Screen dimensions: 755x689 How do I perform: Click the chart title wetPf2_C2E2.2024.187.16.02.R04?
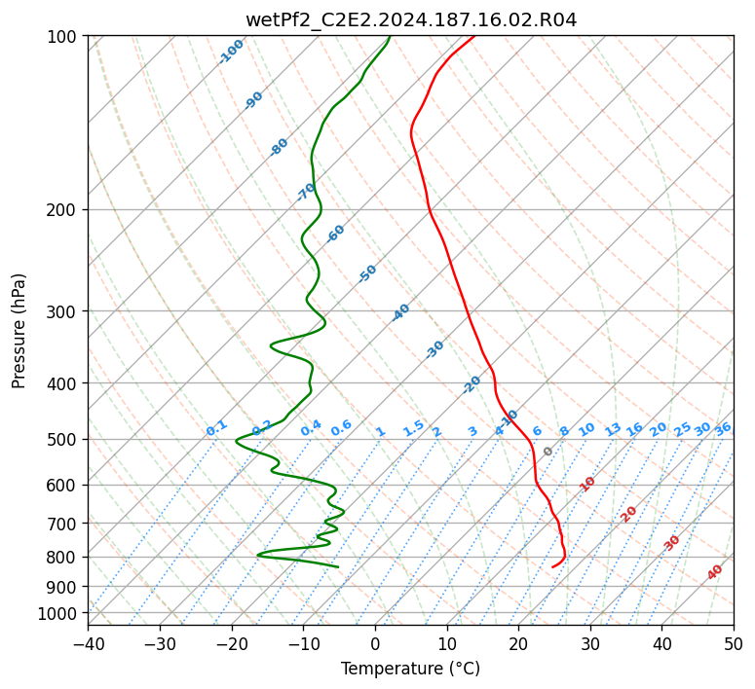point(411,19)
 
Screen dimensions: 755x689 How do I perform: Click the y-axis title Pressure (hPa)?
point(19,331)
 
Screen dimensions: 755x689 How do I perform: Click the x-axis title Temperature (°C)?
point(411,669)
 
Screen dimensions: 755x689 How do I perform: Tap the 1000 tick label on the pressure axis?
point(59,614)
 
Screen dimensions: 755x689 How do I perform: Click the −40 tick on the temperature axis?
point(88,644)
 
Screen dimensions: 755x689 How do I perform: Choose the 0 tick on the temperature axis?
point(376,644)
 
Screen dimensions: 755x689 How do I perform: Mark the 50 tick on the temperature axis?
point(734,644)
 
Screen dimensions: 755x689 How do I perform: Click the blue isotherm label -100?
point(231,52)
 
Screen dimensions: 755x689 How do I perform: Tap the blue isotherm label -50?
point(367,273)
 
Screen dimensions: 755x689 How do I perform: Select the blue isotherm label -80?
point(279,147)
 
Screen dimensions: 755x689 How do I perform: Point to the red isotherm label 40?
point(715,572)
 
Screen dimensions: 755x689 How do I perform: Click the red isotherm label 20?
point(628,515)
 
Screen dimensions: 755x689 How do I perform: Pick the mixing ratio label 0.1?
point(216,428)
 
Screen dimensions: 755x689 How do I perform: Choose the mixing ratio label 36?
point(723,429)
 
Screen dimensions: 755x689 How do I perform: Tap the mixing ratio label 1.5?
point(414,428)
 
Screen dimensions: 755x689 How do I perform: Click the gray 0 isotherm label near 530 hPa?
point(547,452)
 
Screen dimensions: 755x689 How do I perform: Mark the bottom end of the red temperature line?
point(552,567)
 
